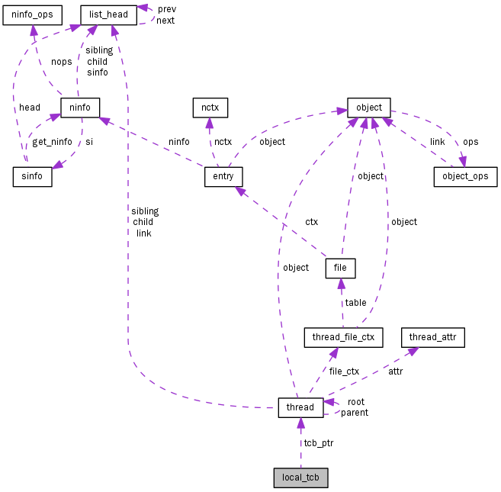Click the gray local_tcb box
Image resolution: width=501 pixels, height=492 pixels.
300,478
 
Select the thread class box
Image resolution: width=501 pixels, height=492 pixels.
300,407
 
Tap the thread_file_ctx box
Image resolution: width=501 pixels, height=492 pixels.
342,336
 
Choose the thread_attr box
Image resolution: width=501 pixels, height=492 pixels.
434,336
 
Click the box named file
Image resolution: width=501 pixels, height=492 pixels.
340,268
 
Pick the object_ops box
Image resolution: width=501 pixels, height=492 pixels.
465,177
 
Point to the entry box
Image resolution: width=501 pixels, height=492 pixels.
223,177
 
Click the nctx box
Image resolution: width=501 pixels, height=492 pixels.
210,108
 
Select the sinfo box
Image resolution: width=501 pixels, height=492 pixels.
32,177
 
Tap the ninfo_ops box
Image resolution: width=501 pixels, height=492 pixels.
31,14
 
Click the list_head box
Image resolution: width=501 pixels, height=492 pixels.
109,14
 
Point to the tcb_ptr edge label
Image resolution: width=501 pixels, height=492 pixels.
318,442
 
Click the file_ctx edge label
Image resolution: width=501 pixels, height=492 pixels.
344,371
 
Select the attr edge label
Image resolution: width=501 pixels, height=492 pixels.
396,371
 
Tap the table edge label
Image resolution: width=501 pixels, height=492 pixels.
355,303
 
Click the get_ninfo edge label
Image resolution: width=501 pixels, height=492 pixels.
51,142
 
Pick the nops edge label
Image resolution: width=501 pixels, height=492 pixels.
61,62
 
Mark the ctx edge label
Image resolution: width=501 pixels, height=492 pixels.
311,222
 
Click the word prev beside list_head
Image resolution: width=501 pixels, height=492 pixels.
166,8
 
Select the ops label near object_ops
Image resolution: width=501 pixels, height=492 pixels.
470,142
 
